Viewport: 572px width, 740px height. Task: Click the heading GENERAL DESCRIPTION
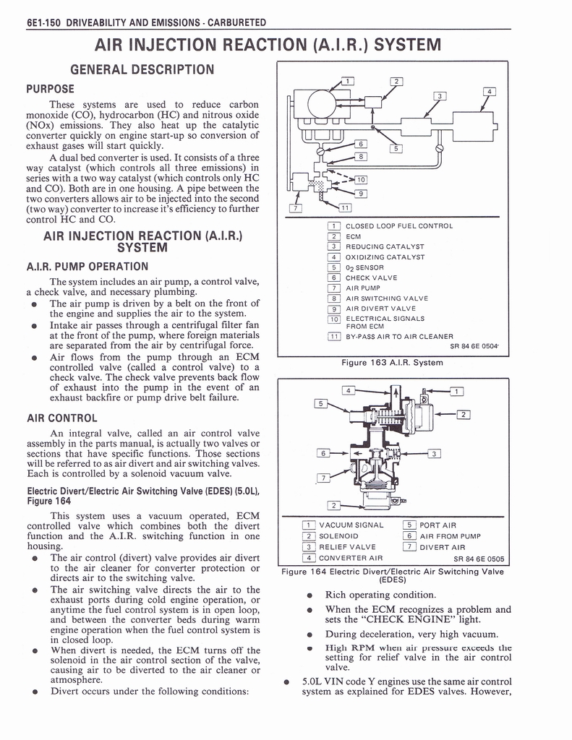142,69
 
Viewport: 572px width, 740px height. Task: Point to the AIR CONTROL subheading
61,418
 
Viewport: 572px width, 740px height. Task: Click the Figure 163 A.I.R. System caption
392,362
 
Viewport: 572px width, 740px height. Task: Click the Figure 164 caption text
392,575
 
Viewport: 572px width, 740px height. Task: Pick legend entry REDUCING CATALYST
385,246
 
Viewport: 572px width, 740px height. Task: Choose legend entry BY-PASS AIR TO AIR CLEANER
399,336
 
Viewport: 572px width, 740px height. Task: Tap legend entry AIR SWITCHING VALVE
386,298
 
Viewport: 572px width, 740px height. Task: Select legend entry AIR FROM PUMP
450,535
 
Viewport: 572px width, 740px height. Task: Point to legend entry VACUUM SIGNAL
351,525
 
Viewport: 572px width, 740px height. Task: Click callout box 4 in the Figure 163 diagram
490,92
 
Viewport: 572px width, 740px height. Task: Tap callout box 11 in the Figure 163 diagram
345,208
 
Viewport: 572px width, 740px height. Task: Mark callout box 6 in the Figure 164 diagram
325,453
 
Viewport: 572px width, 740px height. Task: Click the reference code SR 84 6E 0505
481,559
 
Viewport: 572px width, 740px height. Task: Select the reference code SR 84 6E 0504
475,346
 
